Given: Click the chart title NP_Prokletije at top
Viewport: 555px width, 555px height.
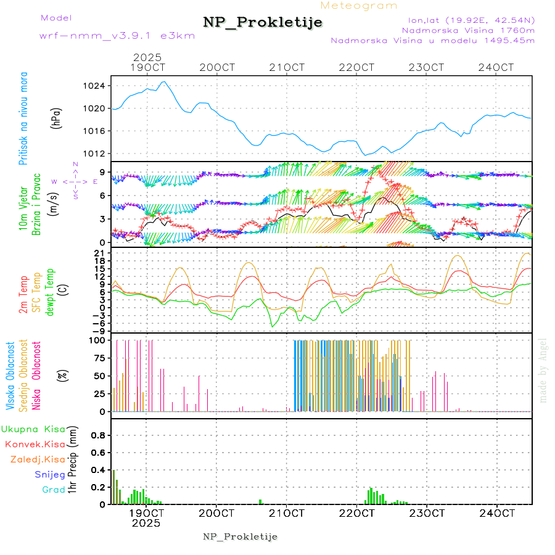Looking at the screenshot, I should pyautogui.click(x=263, y=23).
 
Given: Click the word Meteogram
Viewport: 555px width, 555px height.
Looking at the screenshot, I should pyautogui.click(x=360, y=6).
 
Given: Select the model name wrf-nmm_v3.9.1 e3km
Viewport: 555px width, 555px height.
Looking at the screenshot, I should pyautogui.click(x=117, y=36).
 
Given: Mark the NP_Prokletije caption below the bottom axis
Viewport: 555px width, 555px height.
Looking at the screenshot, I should pyautogui.click(x=240, y=537).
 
